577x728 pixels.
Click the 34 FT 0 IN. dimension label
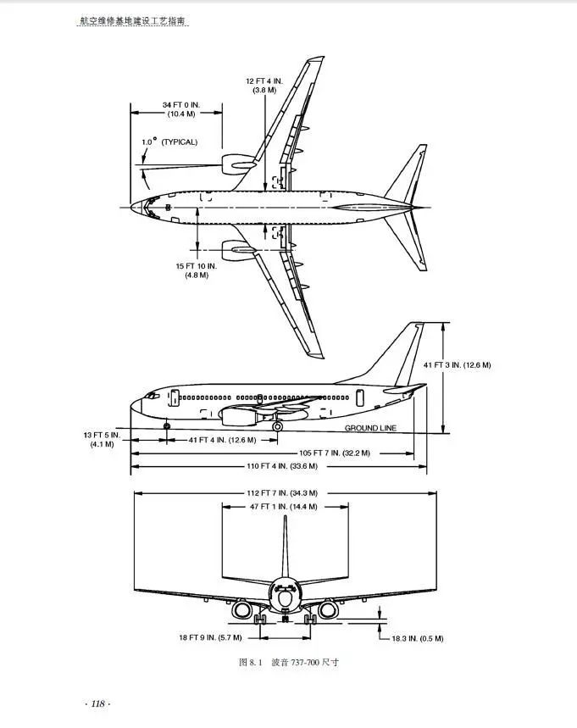click(x=179, y=109)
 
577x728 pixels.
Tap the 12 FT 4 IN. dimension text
click(x=264, y=85)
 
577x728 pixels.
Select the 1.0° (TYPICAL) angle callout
click(x=169, y=142)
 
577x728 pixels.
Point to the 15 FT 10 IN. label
click(x=197, y=270)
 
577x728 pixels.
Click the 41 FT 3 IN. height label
click(x=457, y=364)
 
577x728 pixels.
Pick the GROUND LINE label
click(x=370, y=428)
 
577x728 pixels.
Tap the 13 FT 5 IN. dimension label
click(x=102, y=439)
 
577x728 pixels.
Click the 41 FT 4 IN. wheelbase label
click(x=222, y=440)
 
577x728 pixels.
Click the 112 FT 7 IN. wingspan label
click(x=282, y=492)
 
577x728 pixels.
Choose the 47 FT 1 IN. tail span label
click(x=283, y=506)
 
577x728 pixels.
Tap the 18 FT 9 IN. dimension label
click(x=210, y=636)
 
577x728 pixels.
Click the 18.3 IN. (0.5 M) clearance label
click(x=418, y=638)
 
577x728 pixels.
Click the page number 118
click(x=98, y=703)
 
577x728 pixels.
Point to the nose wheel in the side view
click(x=166, y=425)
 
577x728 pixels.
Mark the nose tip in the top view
click(x=132, y=207)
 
